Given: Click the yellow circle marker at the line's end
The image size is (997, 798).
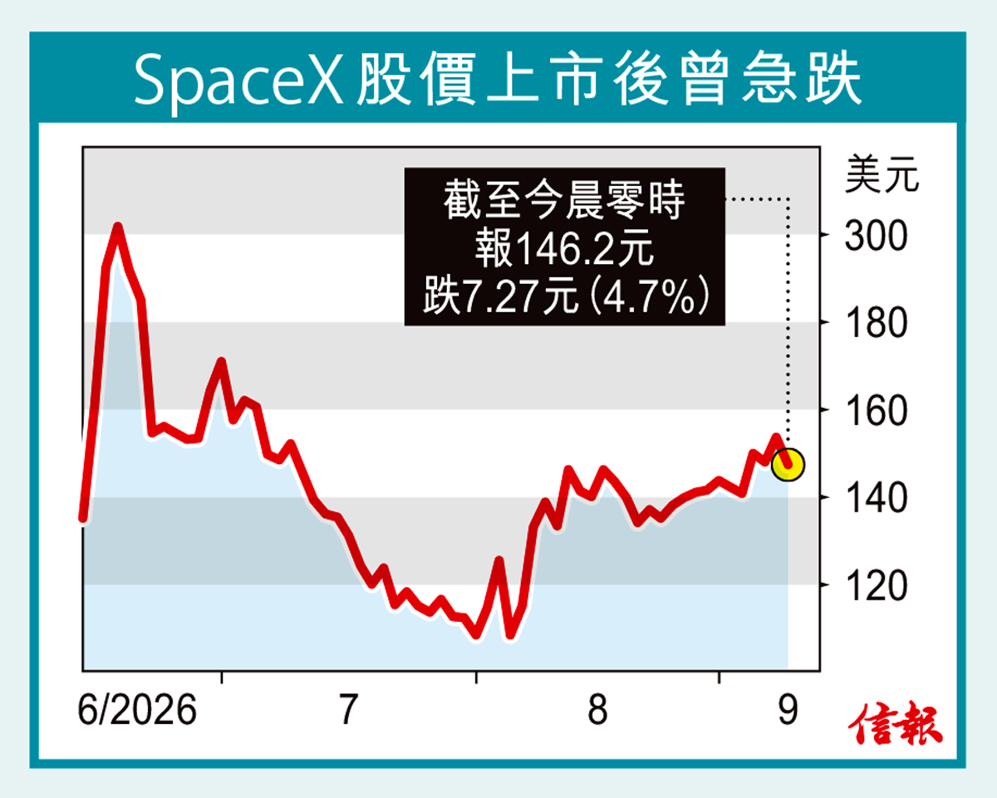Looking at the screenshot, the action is click(x=788, y=464).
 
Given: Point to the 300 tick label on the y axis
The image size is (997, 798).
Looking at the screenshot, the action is click(x=876, y=236).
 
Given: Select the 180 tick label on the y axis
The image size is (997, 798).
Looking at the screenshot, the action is click(x=876, y=323).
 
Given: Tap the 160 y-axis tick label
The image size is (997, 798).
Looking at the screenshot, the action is click(x=876, y=411).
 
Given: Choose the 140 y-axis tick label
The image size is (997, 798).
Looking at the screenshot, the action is click(x=876, y=498).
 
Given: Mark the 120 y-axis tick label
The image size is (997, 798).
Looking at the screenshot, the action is click(x=876, y=586).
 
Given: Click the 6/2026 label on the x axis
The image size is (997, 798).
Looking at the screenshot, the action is click(x=137, y=710).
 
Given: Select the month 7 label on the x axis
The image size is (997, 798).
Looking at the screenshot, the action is click(x=348, y=710).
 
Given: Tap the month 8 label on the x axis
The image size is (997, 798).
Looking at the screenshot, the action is click(x=597, y=710).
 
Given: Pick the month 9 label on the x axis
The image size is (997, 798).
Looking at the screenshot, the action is click(x=788, y=710).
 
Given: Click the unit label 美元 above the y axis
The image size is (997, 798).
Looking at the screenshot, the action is click(x=882, y=174).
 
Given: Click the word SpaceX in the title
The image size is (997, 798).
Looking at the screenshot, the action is click(x=238, y=80).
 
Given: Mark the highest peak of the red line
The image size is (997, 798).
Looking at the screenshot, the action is click(x=118, y=228).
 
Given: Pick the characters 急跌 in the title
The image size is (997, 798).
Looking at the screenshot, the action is click(x=801, y=79).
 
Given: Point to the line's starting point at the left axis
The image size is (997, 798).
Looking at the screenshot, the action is click(x=83, y=518).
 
